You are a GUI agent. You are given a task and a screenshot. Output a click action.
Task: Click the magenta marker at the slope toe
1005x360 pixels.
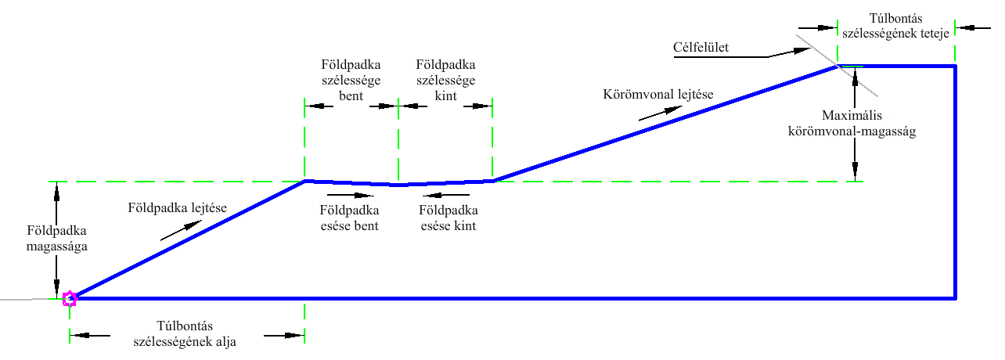click(70, 298)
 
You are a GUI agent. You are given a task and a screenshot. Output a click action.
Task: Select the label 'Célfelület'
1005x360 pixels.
click(701, 48)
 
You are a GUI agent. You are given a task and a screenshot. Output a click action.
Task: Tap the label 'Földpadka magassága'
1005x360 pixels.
click(56, 239)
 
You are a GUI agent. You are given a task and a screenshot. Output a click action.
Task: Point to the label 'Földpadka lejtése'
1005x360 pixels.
click(177, 208)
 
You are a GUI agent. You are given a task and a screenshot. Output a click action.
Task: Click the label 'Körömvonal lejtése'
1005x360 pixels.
click(657, 95)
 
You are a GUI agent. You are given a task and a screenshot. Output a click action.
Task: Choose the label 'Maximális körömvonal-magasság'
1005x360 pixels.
click(851, 124)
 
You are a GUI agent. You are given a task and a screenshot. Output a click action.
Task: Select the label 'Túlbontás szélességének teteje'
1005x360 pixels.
click(897, 26)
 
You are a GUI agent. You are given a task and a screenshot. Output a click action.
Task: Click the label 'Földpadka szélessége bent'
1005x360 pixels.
click(351, 78)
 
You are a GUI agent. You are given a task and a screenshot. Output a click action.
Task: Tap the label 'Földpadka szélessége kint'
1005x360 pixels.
click(445, 78)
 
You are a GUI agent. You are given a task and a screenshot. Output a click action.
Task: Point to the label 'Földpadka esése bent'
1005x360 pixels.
click(350, 218)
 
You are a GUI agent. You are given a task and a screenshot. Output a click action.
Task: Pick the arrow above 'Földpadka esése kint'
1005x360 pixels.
click(446, 195)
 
